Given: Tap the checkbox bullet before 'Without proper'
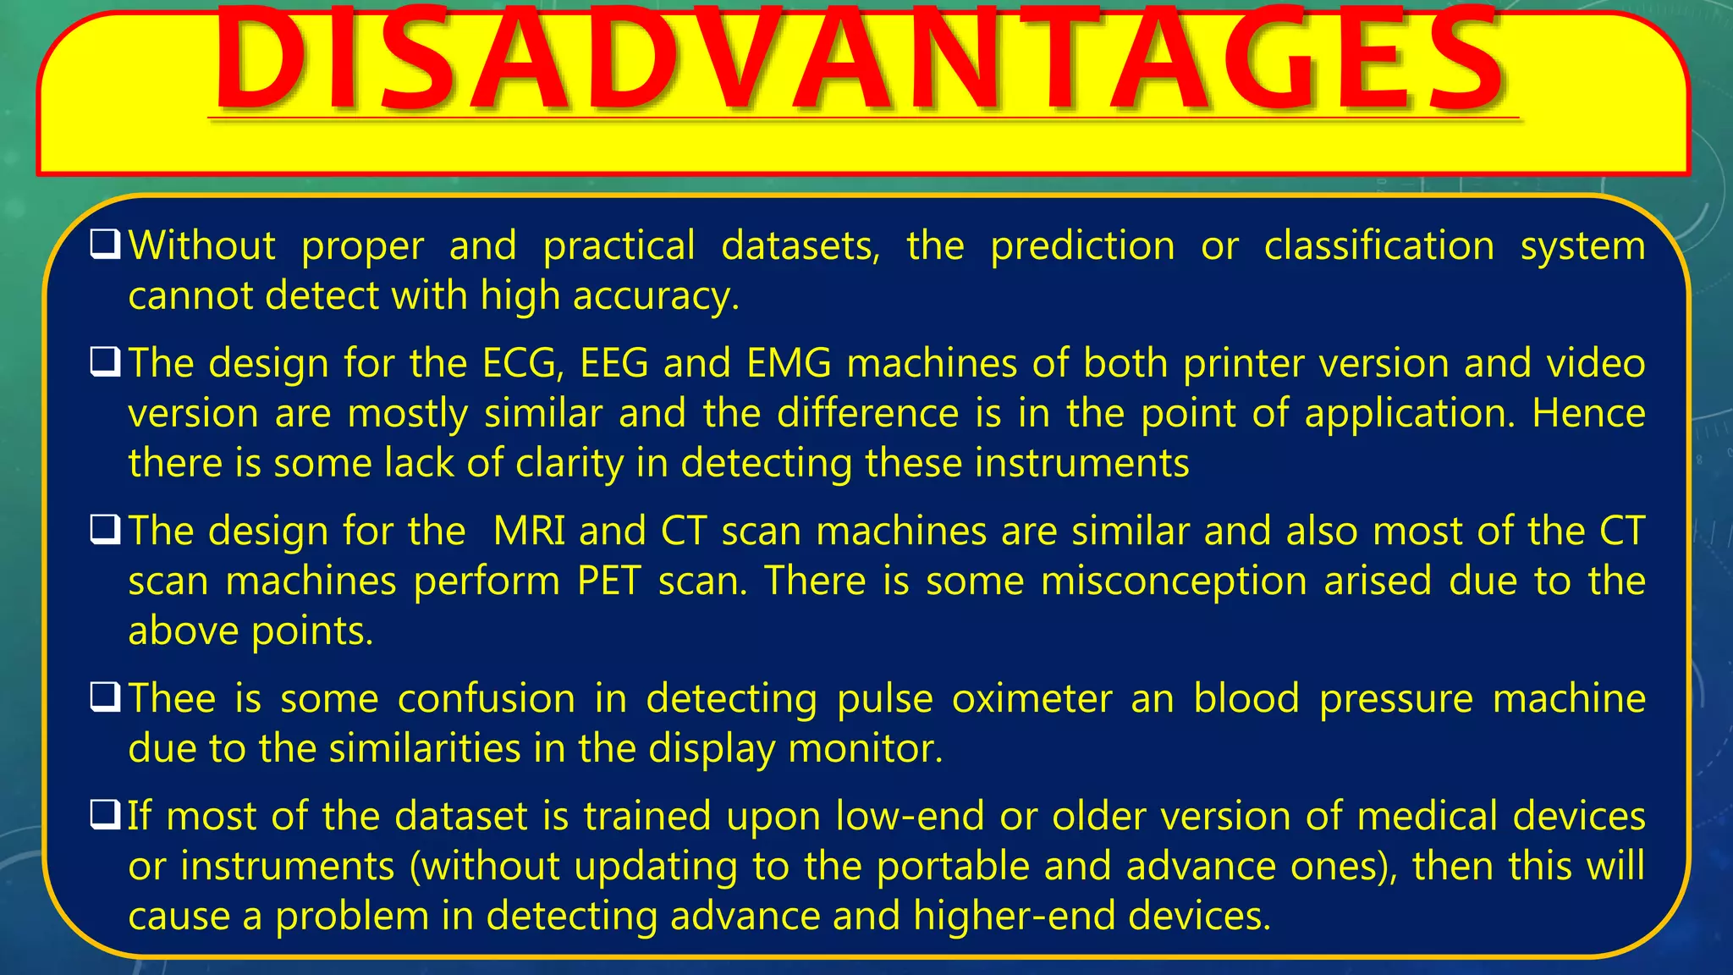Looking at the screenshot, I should pos(105,245).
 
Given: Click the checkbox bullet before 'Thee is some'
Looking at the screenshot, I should pos(105,698).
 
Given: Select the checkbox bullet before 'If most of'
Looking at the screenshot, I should pos(105,816).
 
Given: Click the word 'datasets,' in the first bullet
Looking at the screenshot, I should pos(800,246).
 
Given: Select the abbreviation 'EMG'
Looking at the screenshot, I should pos(789,364).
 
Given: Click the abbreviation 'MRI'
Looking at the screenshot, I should pos(529,532).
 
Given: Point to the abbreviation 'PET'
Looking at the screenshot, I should pos(608,581).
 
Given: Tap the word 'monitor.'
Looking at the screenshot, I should pos(865,749).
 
